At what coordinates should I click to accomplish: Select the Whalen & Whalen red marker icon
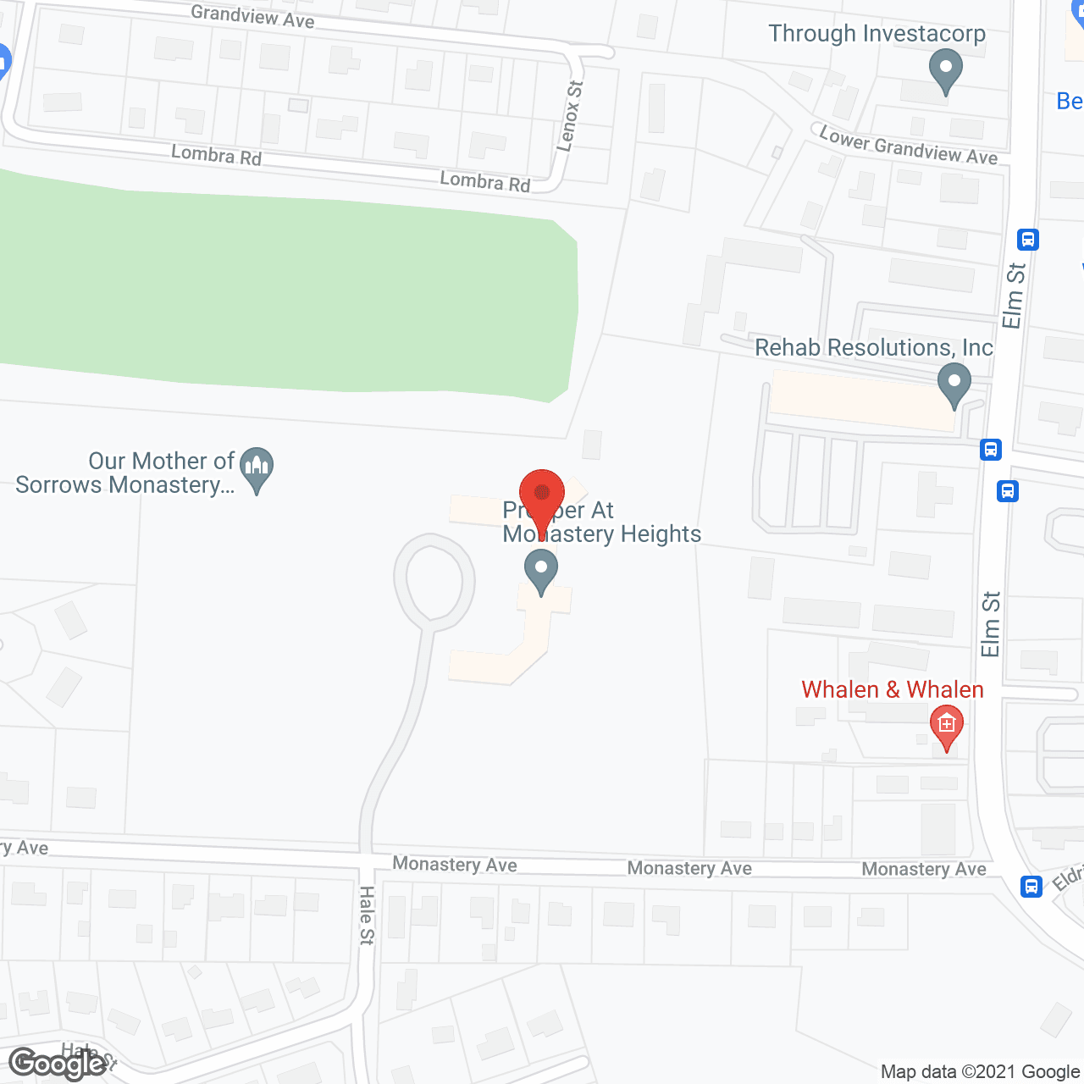tap(946, 727)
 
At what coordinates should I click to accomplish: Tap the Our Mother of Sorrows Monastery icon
tap(257, 468)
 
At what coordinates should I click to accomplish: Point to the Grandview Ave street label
tap(252, 16)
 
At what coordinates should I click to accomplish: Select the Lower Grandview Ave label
tap(908, 145)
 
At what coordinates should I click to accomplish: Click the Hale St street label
tap(367, 915)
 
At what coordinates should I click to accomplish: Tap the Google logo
tap(58, 1064)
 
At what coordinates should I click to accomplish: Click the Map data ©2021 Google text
tap(980, 1072)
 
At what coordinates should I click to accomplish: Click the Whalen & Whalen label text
tap(892, 689)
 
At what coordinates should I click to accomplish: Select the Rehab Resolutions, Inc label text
tap(873, 347)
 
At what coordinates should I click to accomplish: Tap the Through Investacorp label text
tap(877, 34)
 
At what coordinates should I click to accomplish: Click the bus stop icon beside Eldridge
tap(1031, 886)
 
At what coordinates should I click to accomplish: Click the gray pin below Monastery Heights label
tap(540, 570)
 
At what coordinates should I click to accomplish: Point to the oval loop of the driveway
tap(434, 581)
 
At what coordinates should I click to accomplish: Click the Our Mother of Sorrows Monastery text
tap(125, 473)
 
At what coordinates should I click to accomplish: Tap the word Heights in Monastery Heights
tap(661, 534)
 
